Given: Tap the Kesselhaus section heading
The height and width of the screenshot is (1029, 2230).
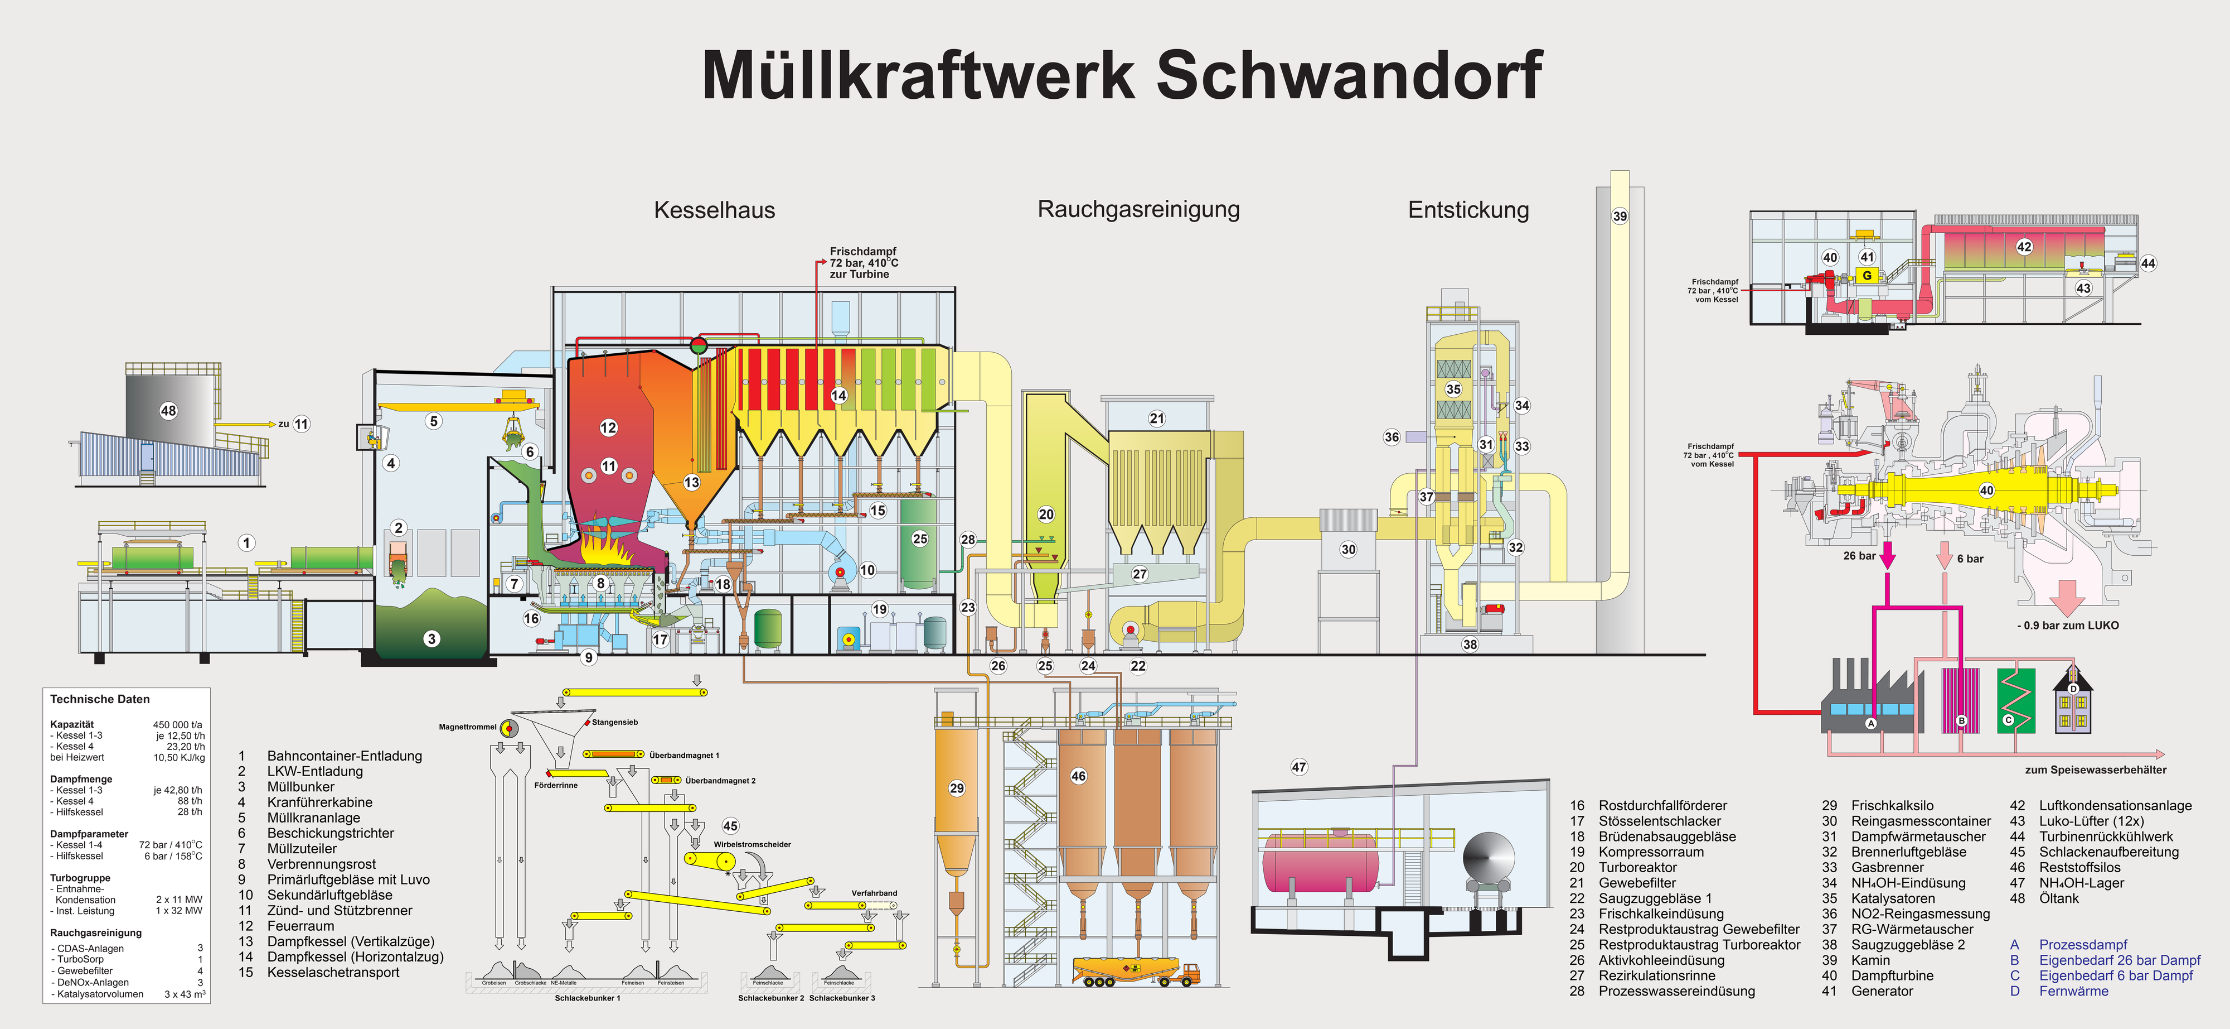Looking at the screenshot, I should point(714,210).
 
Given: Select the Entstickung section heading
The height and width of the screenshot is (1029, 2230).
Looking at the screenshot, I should point(1468,210).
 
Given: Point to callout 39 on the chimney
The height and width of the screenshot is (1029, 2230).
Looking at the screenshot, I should point(1620,217).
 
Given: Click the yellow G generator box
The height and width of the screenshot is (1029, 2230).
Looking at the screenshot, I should point(1867,276).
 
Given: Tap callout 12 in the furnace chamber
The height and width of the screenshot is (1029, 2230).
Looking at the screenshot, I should point(609,427).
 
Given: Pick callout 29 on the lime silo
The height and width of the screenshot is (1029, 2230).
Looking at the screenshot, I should point(957,788).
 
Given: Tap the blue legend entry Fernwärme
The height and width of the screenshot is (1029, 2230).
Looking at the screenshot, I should point(2073,992).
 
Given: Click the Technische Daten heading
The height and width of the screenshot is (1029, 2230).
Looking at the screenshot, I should point(100,700).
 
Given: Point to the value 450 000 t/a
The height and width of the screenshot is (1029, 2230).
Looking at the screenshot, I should point(177,725).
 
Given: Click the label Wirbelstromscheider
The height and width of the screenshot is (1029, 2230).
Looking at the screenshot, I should point(752,844).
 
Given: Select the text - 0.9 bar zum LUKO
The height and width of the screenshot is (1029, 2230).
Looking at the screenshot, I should point(2067,626).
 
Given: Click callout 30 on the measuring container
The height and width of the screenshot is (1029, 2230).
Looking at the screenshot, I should point(1348,549).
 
